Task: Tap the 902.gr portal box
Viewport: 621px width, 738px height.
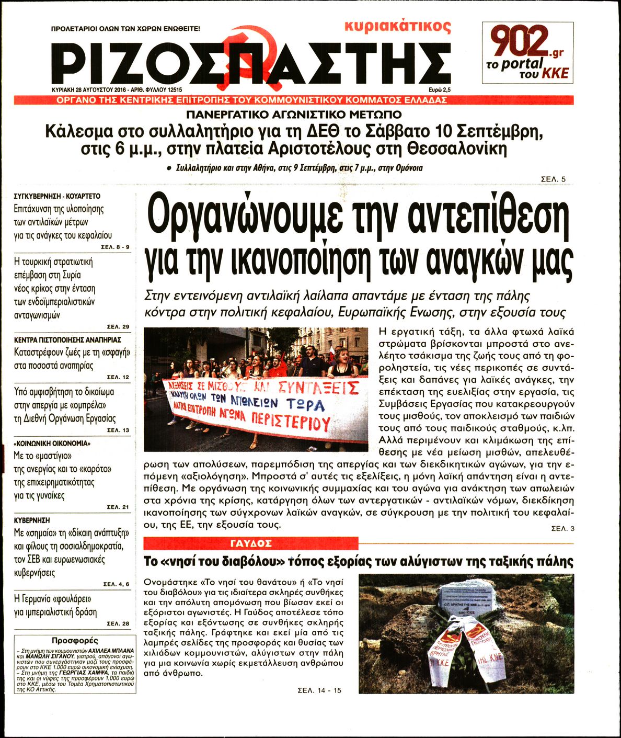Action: [x=527, y=53]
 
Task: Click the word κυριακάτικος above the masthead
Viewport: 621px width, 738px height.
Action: [x=398, y=26]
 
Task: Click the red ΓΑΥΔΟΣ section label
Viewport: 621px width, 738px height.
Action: [x=251, y=543]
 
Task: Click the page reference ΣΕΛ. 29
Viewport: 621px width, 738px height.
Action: [x=118, y=327]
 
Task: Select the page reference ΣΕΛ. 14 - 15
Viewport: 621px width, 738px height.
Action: [x=319, y=690]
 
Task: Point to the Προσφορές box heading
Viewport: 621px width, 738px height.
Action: [x=75, y=640]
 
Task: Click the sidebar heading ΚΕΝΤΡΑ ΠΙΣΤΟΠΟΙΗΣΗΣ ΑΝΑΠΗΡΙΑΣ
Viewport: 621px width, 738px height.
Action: [x=64, y=339]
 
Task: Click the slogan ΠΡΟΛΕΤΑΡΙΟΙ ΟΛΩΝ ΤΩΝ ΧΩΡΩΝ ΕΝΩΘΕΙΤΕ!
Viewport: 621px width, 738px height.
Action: [x=125, y=29]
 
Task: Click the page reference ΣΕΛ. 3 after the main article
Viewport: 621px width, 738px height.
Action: [x=562, y=529]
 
